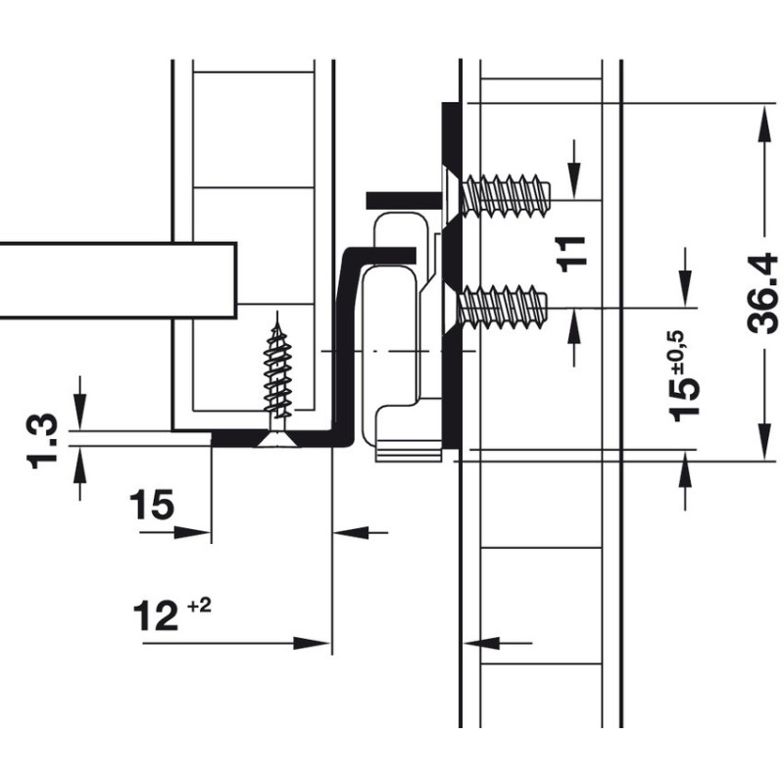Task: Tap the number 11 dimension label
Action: click(576, 252)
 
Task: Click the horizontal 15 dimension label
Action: click(152, 506)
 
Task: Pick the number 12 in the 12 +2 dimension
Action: click(157, 616)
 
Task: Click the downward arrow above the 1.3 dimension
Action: click(80, 412)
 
